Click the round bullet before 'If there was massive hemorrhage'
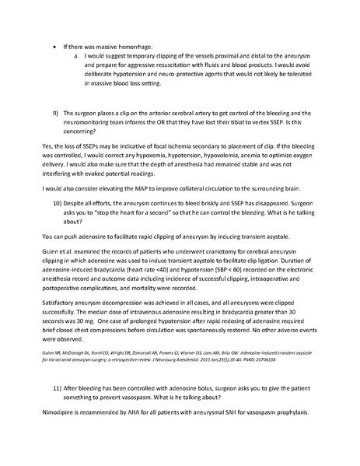pos(54,47)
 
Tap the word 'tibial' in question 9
pos(234,121)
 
